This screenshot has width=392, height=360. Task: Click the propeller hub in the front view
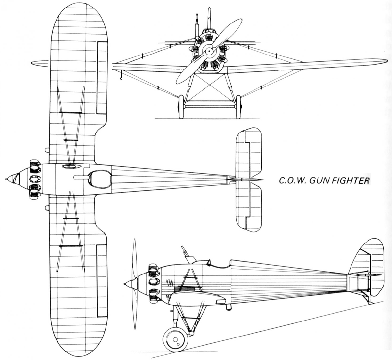point(209,51)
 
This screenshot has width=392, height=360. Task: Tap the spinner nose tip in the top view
point(7,179)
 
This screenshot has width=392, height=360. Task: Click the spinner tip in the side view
point(125,283)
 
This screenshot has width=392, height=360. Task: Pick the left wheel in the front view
point(181,107)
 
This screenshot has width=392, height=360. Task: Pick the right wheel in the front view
point(238,107)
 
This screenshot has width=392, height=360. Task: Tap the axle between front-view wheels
point(210,106)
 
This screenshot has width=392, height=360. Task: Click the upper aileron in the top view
point(102,78)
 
